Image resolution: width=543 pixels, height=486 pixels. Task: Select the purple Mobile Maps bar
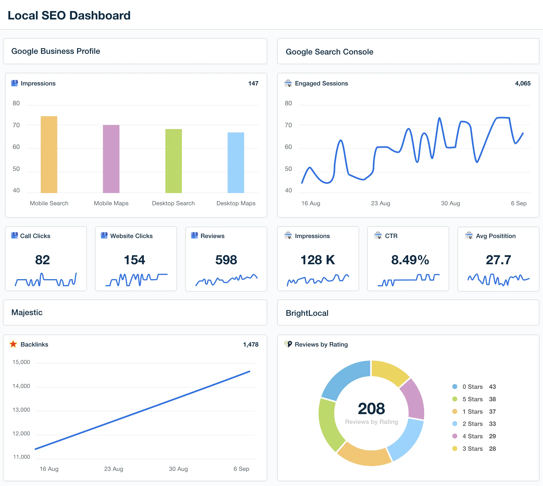pos(111,159)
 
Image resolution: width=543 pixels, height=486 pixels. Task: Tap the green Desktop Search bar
pos(174,161)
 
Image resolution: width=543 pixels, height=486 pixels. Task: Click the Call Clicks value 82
pos(43,260)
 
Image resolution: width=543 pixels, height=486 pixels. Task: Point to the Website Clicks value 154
pos(134,260)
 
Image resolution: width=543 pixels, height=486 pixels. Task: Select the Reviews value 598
pos(226,260)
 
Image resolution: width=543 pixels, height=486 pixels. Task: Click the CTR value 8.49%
pos(410,260)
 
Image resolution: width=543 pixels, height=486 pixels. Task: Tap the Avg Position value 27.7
pos(498,260)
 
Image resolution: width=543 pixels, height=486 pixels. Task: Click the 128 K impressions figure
pos(318,260)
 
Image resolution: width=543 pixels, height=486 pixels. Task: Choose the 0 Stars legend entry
pos(472,387)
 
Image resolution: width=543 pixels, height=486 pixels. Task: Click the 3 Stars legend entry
pos(472,449)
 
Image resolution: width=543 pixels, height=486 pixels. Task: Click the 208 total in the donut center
pos(372,408)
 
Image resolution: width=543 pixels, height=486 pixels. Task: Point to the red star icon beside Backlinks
pos(13,344)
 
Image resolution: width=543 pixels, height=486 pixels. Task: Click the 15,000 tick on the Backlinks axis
pos(21,362)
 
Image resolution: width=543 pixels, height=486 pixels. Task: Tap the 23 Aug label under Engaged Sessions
pos(381,203)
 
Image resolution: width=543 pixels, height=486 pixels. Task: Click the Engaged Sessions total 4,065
pos(523,83)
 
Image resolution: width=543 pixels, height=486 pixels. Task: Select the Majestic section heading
pos(27,312)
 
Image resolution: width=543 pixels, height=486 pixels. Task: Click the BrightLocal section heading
pos(307,313)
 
